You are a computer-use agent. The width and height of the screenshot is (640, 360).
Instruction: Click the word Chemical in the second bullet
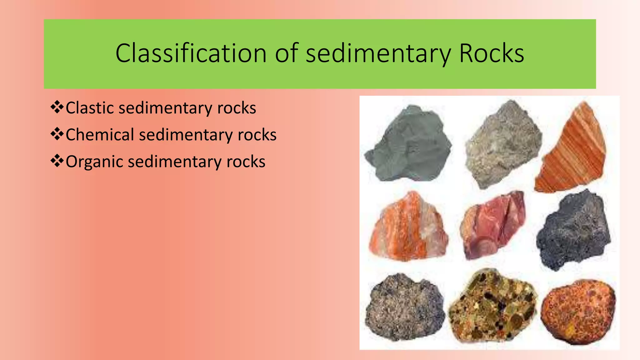[x=100, y=135]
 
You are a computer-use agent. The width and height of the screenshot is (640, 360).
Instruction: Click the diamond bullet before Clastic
[x=57, y=107]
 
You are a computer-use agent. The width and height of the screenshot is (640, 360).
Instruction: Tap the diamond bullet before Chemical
[x=57, y=134]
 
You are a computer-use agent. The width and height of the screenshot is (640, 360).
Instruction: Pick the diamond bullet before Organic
[x=57, y=161]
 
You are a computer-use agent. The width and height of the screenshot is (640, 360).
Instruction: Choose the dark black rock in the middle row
[x=573, y=230]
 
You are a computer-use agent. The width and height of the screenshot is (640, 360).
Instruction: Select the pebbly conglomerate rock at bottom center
[x=492, y=306]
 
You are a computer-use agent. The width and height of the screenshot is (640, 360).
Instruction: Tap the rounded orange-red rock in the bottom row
[x=578, y=311]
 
